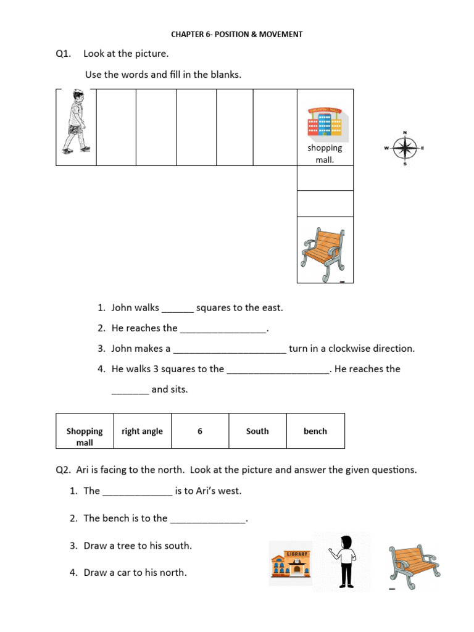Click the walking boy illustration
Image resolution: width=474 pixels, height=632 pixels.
point(75,122)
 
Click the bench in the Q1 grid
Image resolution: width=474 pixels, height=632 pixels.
point(325,249)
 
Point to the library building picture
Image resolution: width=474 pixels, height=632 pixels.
point(290,563)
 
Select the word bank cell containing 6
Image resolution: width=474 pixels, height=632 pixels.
point(200,431)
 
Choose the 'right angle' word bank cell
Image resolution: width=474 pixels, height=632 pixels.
point(142,431)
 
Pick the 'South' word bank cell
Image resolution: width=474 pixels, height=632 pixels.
point(257,431)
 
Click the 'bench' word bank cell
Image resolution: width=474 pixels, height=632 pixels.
point(315,431)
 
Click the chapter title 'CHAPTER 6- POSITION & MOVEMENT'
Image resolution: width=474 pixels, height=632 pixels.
point(237,35)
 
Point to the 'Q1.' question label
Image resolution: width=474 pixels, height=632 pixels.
point(64,54)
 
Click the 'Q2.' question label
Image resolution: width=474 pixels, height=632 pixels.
point(64,470)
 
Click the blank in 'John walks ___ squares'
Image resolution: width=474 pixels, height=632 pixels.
point(178,308)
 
